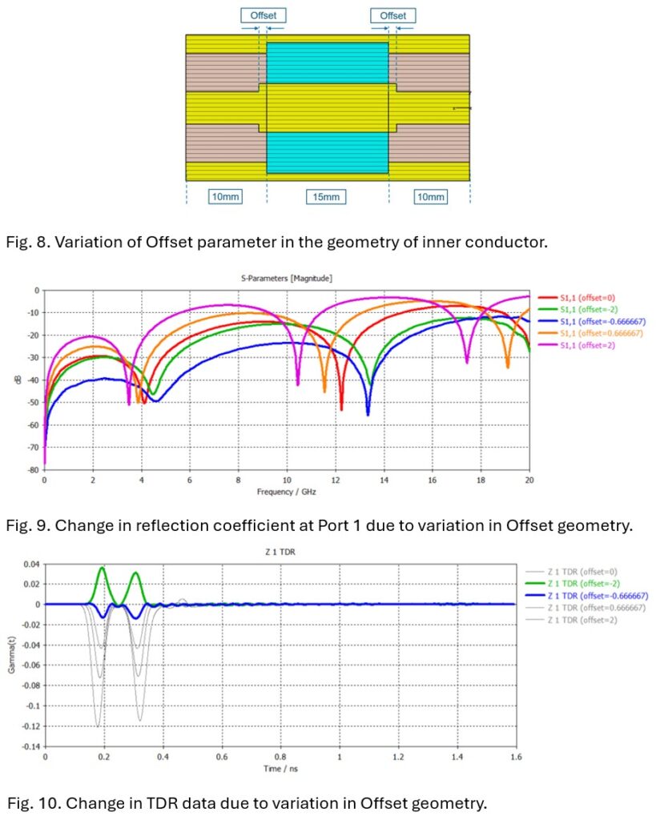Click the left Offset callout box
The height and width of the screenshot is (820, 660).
263,15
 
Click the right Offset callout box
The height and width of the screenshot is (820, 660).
393,15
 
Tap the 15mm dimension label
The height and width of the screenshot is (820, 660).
328,196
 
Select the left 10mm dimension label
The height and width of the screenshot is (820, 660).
225,196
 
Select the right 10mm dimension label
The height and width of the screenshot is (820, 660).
430,196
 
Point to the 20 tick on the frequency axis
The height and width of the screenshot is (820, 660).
529,480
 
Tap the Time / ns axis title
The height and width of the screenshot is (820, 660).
280,769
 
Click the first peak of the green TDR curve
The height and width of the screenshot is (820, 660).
102,568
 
